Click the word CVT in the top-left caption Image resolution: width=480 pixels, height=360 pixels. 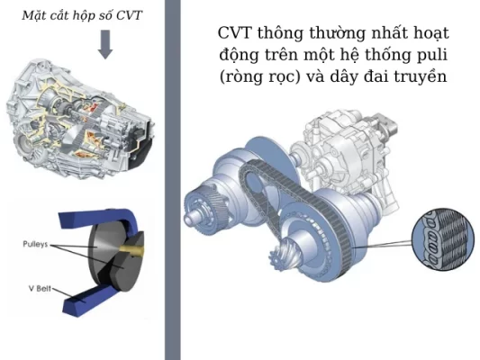point(128,14)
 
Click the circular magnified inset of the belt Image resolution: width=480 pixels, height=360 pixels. point(440,241)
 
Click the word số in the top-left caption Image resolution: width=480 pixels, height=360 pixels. point(103,14)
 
